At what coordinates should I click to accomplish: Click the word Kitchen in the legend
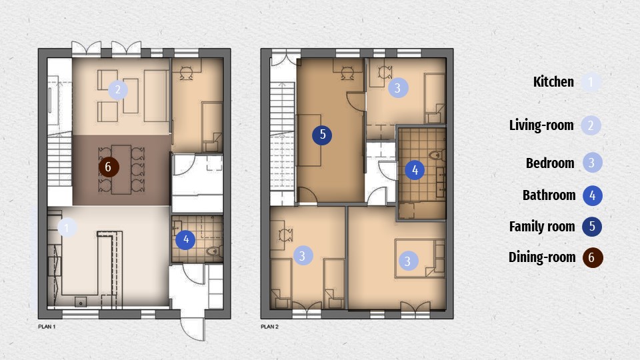pyautogui.click(x=553, y=82)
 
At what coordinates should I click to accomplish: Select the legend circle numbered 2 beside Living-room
pyautogui.click(x=591, y=125)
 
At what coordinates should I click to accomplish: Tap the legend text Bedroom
pyautogui.click(x=550, y=163)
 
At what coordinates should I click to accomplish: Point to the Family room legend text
pyautogui.click(x=542, y=227)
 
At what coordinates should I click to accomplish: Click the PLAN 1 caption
pyautogui.click(x=47, y=327)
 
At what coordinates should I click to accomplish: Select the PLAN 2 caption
pyautogui.click(x=269, y=327)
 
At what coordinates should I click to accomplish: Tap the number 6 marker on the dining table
pyautogui.click(x=109, y=167)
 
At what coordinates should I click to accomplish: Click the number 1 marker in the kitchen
pyautogui.click(x=67, y=228)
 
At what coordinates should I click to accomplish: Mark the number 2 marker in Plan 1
pyautogui.click(x=117, y=89)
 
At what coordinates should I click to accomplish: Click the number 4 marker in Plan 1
pyautogui.click(x=185, y=240)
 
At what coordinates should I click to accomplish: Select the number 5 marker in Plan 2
pyautogui.click(x=323, y=135)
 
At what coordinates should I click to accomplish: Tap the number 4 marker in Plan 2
pyautogui.click(x=415, y=170)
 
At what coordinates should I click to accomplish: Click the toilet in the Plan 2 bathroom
pyautogui.click(x=437, y=155)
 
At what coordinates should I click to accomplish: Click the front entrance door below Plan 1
pyautogui.click(x=192, y=329)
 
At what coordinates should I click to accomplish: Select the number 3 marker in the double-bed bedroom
pyautogui.click(x=408, y=261)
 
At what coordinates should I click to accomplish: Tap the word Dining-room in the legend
pyautogui.click(x=542, y=257)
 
